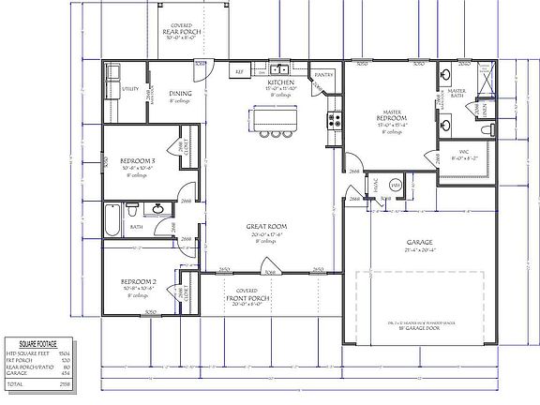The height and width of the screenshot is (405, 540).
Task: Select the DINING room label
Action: pyautogui.click(x=180, y=94)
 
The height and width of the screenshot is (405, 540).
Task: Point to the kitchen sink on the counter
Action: pyautogui.click(x=278, y=70)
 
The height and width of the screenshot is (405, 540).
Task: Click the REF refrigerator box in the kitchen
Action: pyautogui.click(x=239, y=70)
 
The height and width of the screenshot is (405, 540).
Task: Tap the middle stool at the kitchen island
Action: pyautogui.click(x=277, y=133)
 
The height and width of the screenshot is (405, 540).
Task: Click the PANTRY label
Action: pyautogui.click(x=324, y=73)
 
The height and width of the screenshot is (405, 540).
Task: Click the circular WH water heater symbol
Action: pyautogui.click(x=396, y=186)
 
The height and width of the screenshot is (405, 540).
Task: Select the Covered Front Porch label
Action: pyautogui.click(x=247, y=295)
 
